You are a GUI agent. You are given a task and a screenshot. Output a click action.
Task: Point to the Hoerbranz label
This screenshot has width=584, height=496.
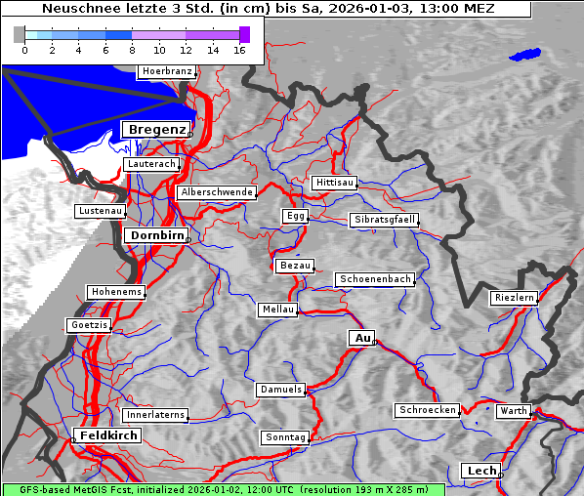tap(166, 71)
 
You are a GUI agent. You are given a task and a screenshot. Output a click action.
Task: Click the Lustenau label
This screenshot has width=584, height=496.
tap(101, 211)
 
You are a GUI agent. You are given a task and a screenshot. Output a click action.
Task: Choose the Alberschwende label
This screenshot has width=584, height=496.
tap(217, 192)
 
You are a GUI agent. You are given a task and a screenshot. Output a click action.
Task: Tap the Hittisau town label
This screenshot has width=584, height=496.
tap(335, 183)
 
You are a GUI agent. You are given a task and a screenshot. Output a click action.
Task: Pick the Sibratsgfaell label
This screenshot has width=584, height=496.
tap(385, 220)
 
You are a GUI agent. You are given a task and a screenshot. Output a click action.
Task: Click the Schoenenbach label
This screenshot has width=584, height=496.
tap(375, 279)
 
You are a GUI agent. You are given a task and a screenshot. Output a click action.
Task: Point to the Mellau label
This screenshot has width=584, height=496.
tap(277, 310)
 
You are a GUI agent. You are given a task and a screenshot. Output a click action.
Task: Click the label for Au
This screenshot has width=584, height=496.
tap(361, 338)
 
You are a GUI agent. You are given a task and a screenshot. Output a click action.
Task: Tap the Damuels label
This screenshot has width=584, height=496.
tap(282, 390)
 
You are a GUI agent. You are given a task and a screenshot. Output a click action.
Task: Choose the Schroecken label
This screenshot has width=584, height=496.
tap(428, 410)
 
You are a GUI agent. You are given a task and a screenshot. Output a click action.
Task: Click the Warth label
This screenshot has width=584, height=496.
tap(513, 411)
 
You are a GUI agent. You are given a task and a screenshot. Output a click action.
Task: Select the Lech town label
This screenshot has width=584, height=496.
tap(481, 471)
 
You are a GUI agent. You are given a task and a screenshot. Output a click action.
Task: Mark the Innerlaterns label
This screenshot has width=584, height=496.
tap(155, 415)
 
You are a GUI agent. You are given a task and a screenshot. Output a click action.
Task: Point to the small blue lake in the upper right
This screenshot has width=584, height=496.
tap(524, 55)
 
